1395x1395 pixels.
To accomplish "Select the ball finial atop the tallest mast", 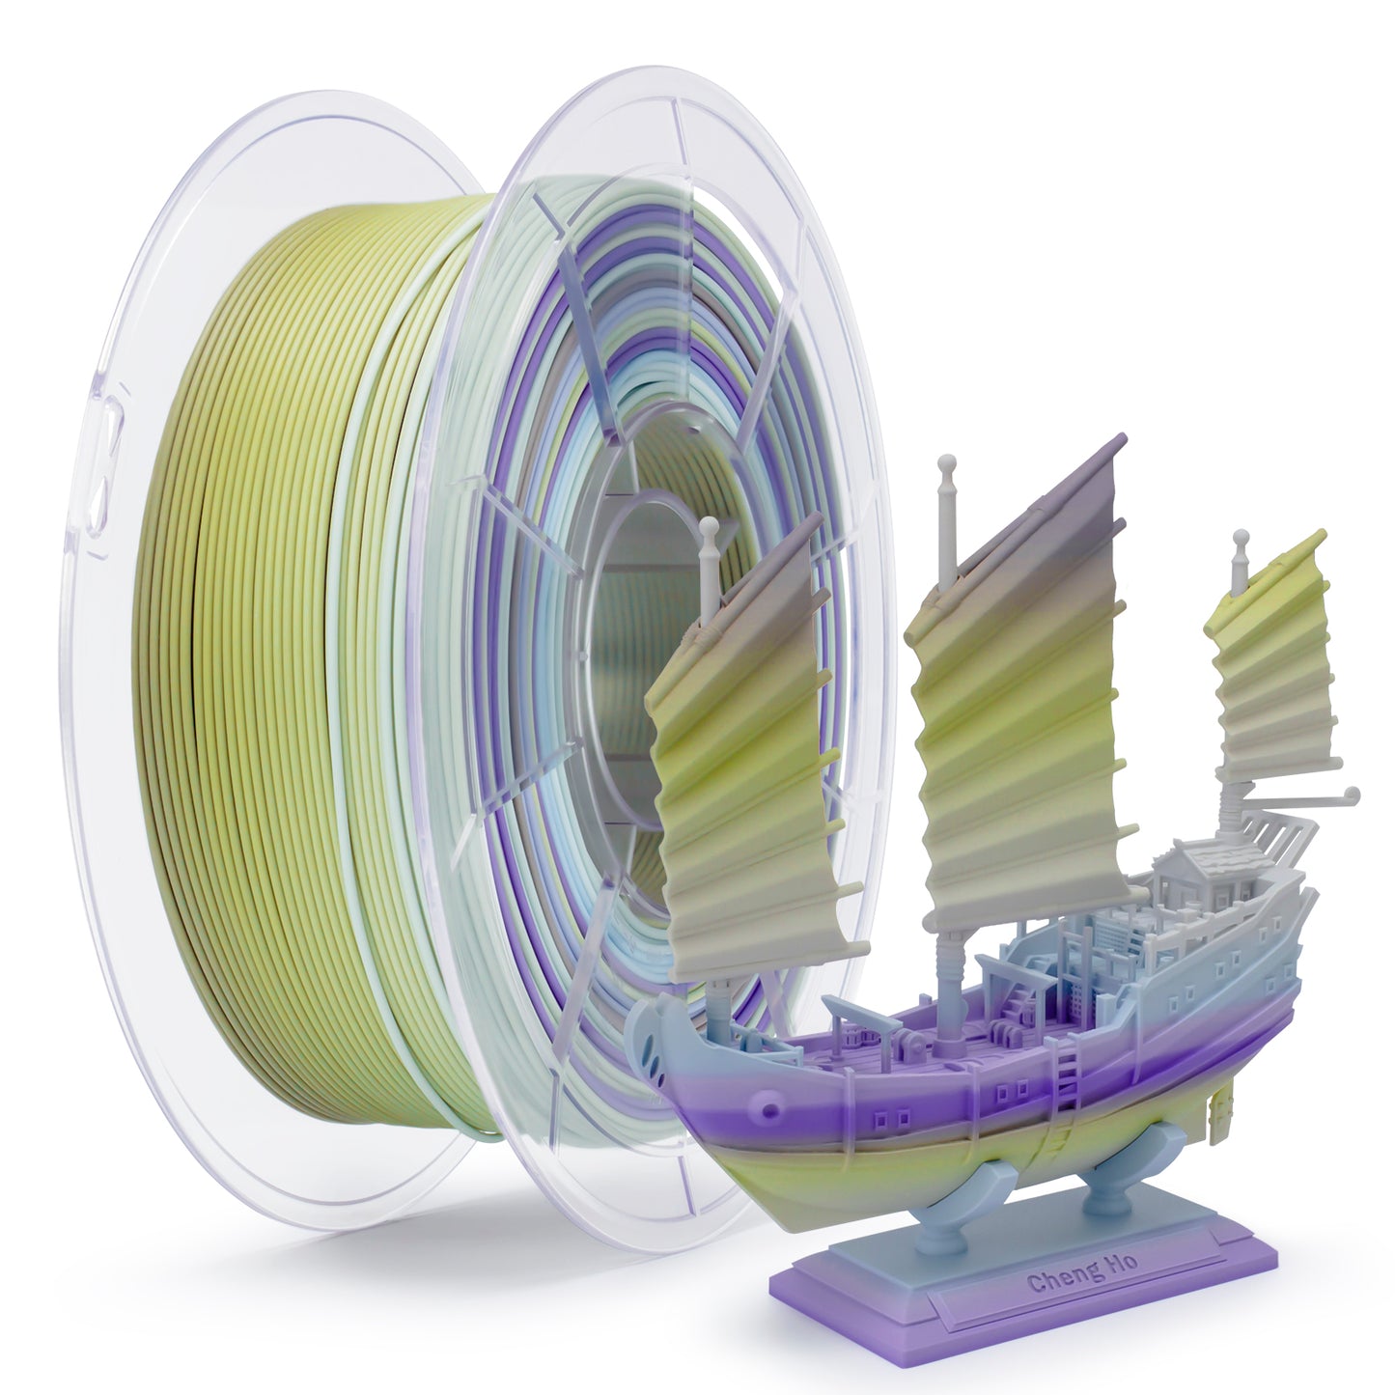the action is click(x=944, y=463).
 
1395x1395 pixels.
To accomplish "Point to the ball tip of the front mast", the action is click(x=708, y=525).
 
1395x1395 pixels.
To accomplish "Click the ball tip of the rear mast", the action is click(x=1241, y=538).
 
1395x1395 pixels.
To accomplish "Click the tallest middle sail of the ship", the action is click(x=1020, y=681).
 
